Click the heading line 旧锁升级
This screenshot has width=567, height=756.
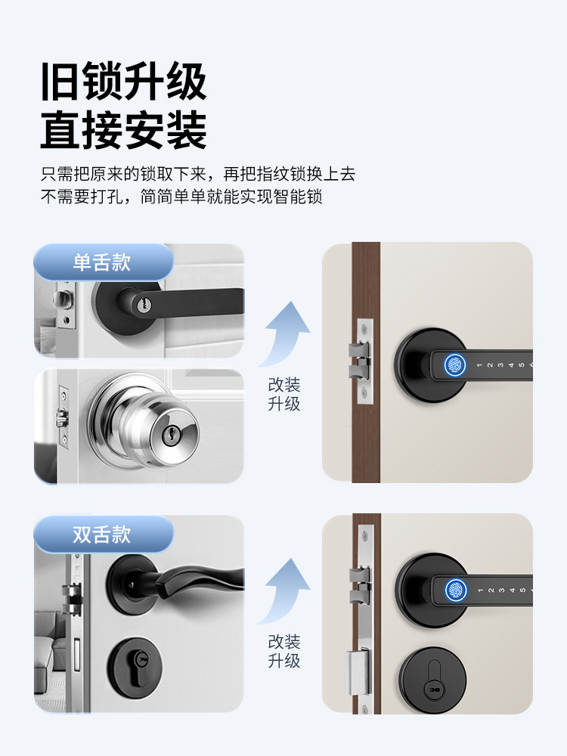[123, 82]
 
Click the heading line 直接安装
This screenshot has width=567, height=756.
[123, 131]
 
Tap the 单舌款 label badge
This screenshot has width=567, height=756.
[102, 262]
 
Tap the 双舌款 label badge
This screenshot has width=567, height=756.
[102, 534]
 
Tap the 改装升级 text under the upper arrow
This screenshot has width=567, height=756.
[284, 394]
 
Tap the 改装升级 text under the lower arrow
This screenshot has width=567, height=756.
[284, 651]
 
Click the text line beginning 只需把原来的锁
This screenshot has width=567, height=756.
[197, 173]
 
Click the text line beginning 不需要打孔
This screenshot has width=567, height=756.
[181, 197]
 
